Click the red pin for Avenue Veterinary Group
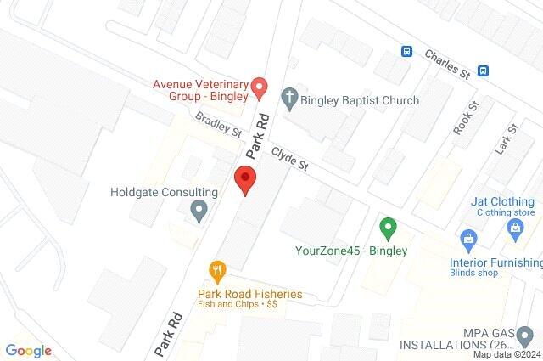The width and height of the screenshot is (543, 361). click(x=260, y=86)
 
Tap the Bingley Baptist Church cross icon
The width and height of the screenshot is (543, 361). click(x=288, y=99)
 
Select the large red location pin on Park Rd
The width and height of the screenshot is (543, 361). click(x=244, y=180)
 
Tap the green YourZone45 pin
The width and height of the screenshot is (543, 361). click(x=388, y=228)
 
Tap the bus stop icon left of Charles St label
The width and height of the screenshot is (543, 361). click(x=407, y=51)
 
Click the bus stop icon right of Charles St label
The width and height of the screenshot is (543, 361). click(x=484, y=71)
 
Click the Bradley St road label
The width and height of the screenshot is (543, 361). click(x=218, y=127)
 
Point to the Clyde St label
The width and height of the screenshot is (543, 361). click(x=289, y=161)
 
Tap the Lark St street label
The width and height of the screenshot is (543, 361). click(x=507, y=138)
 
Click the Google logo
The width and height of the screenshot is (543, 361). click(x=28, y=351)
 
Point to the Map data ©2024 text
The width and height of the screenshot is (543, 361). click(x=507, y=355)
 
